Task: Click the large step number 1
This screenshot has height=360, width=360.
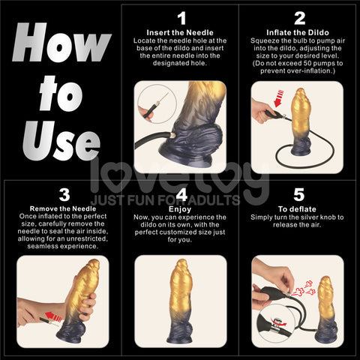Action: tap(180, 17)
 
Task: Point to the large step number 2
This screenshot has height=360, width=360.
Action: tap(298, 17)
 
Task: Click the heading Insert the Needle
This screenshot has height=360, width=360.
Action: tap(180, 33)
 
